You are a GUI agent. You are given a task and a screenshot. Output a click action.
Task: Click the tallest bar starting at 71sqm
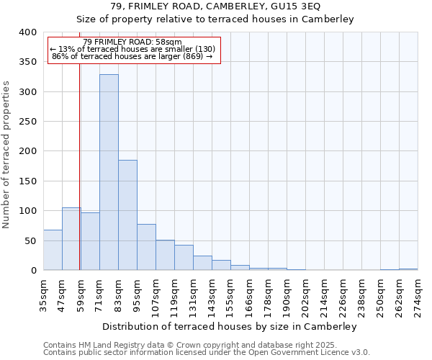point(109,173)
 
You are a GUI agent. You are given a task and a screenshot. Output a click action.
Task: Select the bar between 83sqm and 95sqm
point(127,215)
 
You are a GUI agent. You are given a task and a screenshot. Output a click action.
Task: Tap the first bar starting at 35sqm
point(53,250)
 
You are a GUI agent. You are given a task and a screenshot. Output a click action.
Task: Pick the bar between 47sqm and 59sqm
point(71,239)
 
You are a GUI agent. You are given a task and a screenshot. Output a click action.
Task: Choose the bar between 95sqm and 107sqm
point(146,247)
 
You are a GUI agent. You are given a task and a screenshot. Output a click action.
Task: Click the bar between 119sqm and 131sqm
point(184,258)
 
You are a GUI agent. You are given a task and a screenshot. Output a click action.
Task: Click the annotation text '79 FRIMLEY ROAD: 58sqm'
point(132,42)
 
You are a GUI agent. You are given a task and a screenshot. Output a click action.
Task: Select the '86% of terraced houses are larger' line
point(132,56)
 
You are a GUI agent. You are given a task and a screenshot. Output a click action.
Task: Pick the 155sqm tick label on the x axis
point(231,294)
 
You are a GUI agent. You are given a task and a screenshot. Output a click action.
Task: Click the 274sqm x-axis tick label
point(418,294)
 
